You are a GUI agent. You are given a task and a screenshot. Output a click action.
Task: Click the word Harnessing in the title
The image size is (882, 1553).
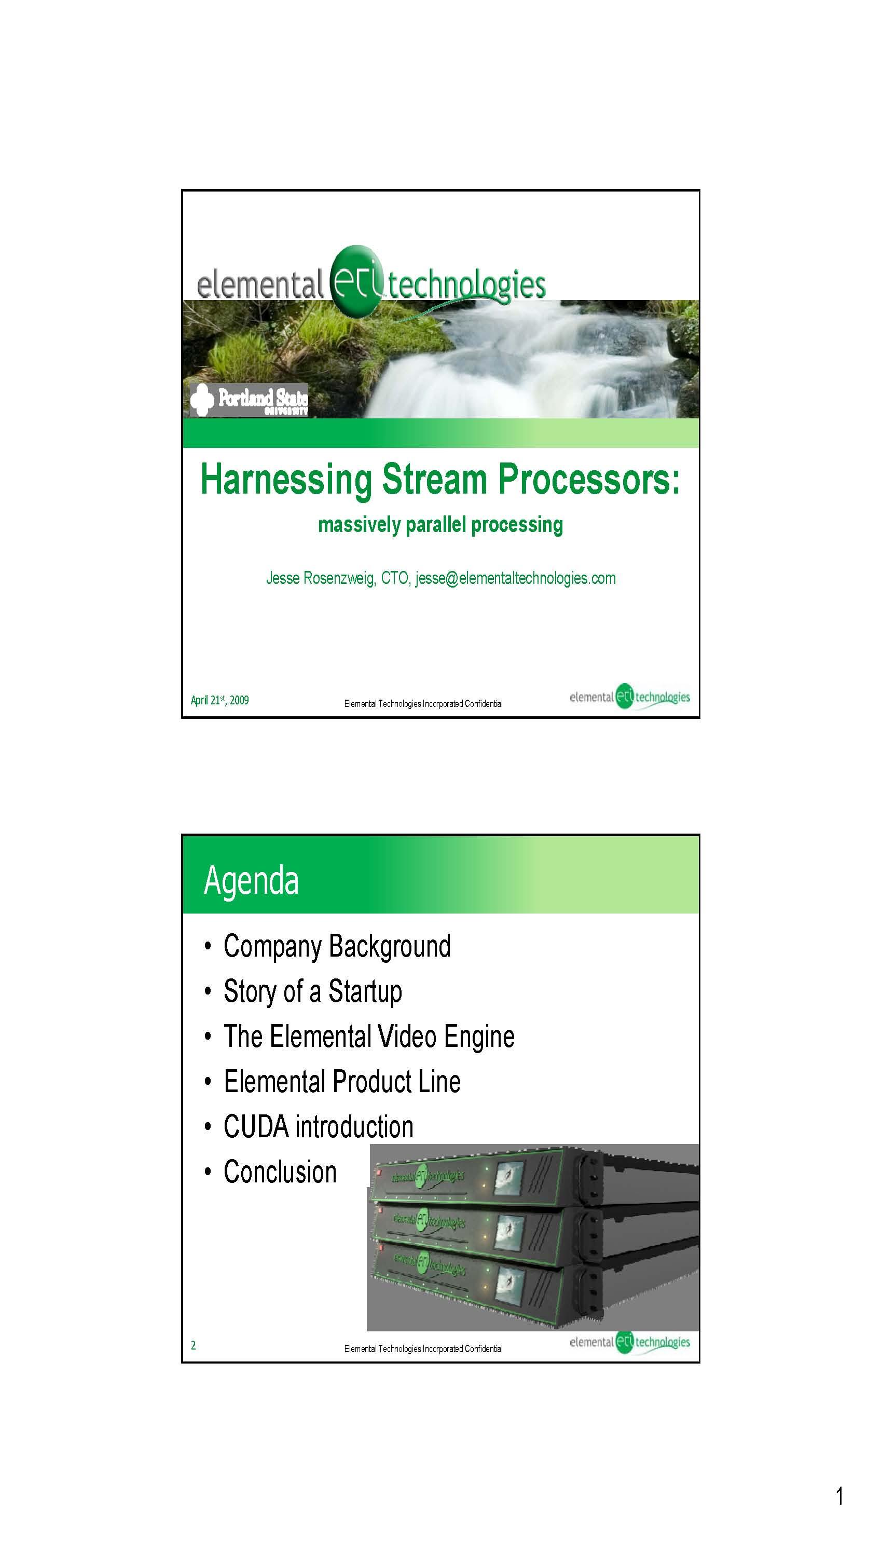pyautogui.click(x=286, y=480)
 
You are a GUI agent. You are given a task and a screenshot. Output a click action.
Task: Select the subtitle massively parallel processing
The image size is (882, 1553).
pyautogui.click(x=440, y=525)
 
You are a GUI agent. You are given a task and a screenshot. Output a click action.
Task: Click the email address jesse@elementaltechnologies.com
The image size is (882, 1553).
pyautogui.click(x=516, y=578)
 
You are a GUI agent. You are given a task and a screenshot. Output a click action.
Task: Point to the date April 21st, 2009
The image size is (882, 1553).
pyautogui.click(x=220, y=700)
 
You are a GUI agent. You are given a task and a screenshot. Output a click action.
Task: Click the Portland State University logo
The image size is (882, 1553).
pyautogui.click(x=249, y=400)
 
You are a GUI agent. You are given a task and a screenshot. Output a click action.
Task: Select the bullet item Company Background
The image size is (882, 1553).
pyautogui.click(x=337, y=946)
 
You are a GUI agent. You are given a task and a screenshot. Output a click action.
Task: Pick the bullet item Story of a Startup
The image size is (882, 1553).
pyautogui.click(x=312, y=991)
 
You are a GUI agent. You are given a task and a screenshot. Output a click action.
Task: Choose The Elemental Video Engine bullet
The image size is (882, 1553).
pyautogui.click(x=369, y=1036)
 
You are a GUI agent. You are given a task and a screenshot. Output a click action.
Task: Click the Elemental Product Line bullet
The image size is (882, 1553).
pyautogui.click(x=342, y=1081)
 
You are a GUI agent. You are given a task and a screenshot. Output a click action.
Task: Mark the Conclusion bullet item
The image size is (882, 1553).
pyautogui.click(x=280, y=1171)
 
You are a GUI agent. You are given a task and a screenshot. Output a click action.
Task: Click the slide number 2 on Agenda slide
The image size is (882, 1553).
pyautogui.click(x=193, y=1345)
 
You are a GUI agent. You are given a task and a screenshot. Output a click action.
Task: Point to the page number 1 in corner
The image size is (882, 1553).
pyautogui.click(x=839, y=1496)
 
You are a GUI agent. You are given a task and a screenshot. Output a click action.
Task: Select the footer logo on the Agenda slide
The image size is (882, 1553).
pyautogui.click(x=629, y=1342)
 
